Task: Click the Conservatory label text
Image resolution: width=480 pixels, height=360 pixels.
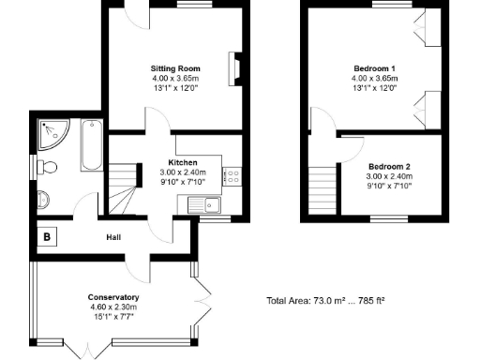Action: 113,297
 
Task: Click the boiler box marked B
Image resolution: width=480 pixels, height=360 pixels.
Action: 46,237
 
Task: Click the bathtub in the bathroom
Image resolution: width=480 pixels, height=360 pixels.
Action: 91,145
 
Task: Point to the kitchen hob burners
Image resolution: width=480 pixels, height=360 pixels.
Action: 232,174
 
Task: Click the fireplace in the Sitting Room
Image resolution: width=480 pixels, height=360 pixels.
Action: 233,69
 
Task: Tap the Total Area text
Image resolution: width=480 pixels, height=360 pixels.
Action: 326,302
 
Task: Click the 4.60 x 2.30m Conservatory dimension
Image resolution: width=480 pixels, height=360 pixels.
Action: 113,307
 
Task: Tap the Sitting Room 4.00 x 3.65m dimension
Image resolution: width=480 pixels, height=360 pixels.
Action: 176,79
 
